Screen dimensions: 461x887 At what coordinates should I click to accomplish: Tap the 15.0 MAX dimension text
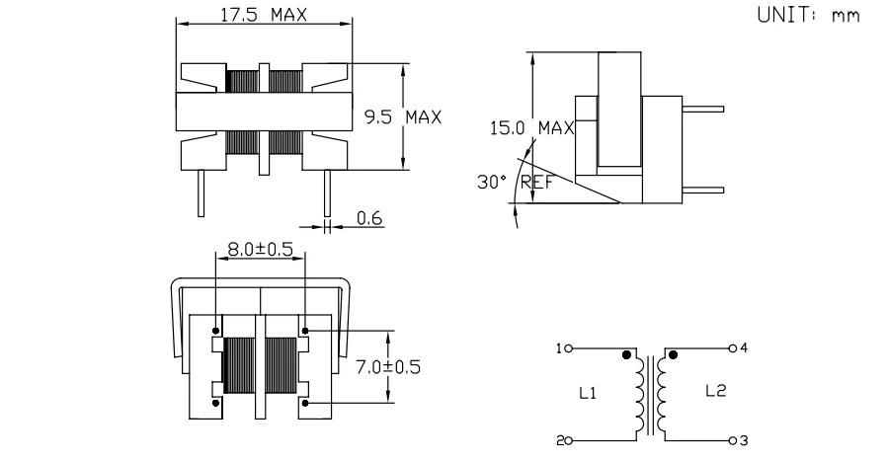[x=531, y=128]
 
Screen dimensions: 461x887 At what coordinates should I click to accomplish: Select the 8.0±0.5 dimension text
[x=260, y=251]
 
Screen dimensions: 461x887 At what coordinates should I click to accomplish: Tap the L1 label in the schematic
[x=586, y=393]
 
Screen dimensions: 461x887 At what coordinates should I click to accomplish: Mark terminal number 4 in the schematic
[x=745, y=348]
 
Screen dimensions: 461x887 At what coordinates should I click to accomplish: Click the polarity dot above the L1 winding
[x=625, y=354]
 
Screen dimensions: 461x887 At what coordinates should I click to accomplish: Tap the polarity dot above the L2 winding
[x=673, y=354]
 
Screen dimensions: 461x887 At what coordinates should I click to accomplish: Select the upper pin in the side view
[x=703, y=110]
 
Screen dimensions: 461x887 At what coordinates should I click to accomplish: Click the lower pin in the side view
[x=703, y=191]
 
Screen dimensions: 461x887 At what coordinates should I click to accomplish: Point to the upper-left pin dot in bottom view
[x=215, y=330]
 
